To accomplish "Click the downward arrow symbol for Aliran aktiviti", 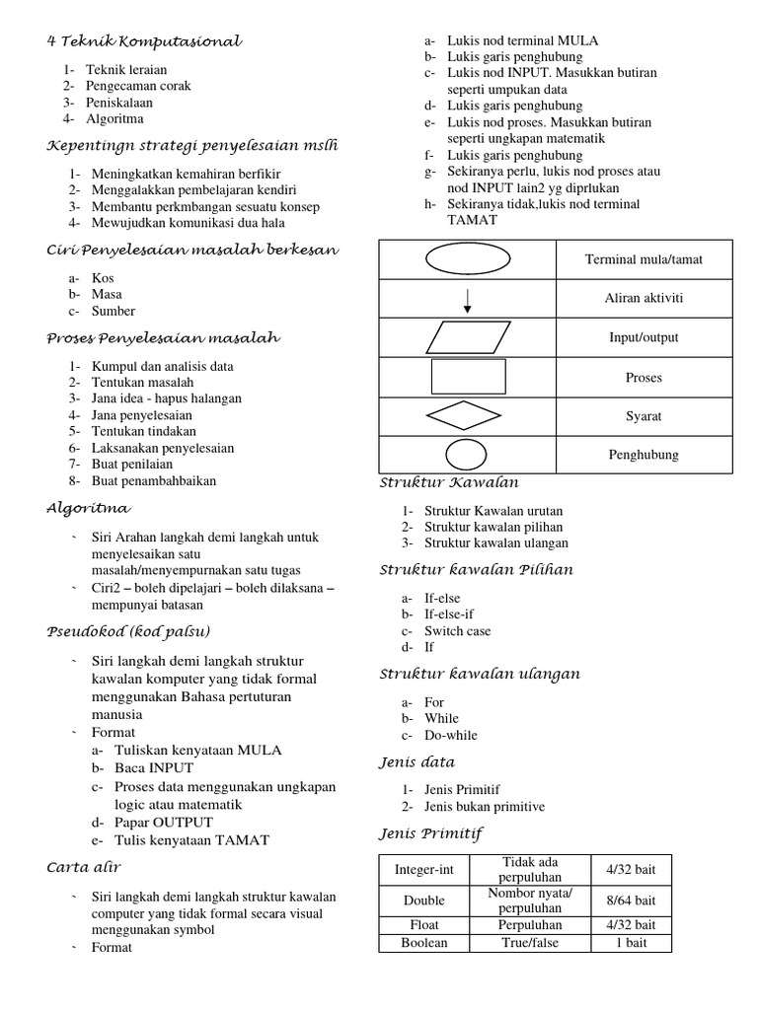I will pos(467,300).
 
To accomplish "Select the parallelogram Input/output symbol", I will pos(467,337).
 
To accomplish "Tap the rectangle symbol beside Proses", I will pos(468,377).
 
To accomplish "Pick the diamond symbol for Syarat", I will pos(467,416).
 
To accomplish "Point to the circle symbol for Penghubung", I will pos(467,455).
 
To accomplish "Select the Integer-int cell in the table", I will pos(423,870).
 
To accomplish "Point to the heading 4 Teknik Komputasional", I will pos(144,41).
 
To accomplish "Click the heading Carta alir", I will pos(84,867).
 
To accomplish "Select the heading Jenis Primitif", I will pos(431,834).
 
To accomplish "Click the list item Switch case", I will pos(457,631).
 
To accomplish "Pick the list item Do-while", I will pos(450,735).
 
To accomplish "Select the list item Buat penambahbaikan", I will pos(153,481).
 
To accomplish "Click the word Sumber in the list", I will pos(113,312).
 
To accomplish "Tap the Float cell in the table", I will pos(423,925).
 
